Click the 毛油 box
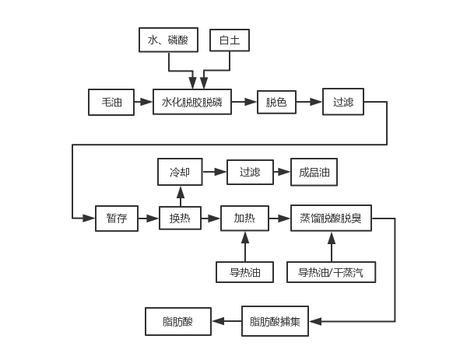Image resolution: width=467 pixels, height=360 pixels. [x=111, y=102]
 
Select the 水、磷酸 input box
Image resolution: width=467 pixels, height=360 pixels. [x=168, y=40]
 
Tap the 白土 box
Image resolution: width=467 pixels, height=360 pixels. [x=230, y=40]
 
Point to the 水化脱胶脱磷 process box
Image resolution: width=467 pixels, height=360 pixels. [x=191, y=102]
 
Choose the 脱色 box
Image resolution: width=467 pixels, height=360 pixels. [x=276, y=102]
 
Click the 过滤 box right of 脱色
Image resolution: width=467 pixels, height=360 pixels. [x=343, y=102]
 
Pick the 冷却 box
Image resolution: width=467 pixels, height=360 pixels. [x=180, y=171]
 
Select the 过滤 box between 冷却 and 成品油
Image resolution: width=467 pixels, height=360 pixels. [x=249, y=171]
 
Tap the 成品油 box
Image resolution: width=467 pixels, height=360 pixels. [x=314, y=171]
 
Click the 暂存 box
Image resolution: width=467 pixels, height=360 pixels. [x=116, y=218]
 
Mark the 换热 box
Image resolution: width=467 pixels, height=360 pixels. [x=180, y=218]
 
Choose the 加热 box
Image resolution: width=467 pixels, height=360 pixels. [x=244, y=218]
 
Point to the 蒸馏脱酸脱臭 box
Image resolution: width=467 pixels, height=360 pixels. [x=331, y=218]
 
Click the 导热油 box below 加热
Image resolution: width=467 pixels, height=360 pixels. [x=244, y=271]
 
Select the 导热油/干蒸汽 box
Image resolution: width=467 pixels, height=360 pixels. [x=331, y=271]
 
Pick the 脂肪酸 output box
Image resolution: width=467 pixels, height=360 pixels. [x=177, y=320]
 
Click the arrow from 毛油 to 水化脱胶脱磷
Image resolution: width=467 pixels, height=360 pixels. [x=142, y=102]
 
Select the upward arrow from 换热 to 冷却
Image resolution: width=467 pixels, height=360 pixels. [x=180, y=195]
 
